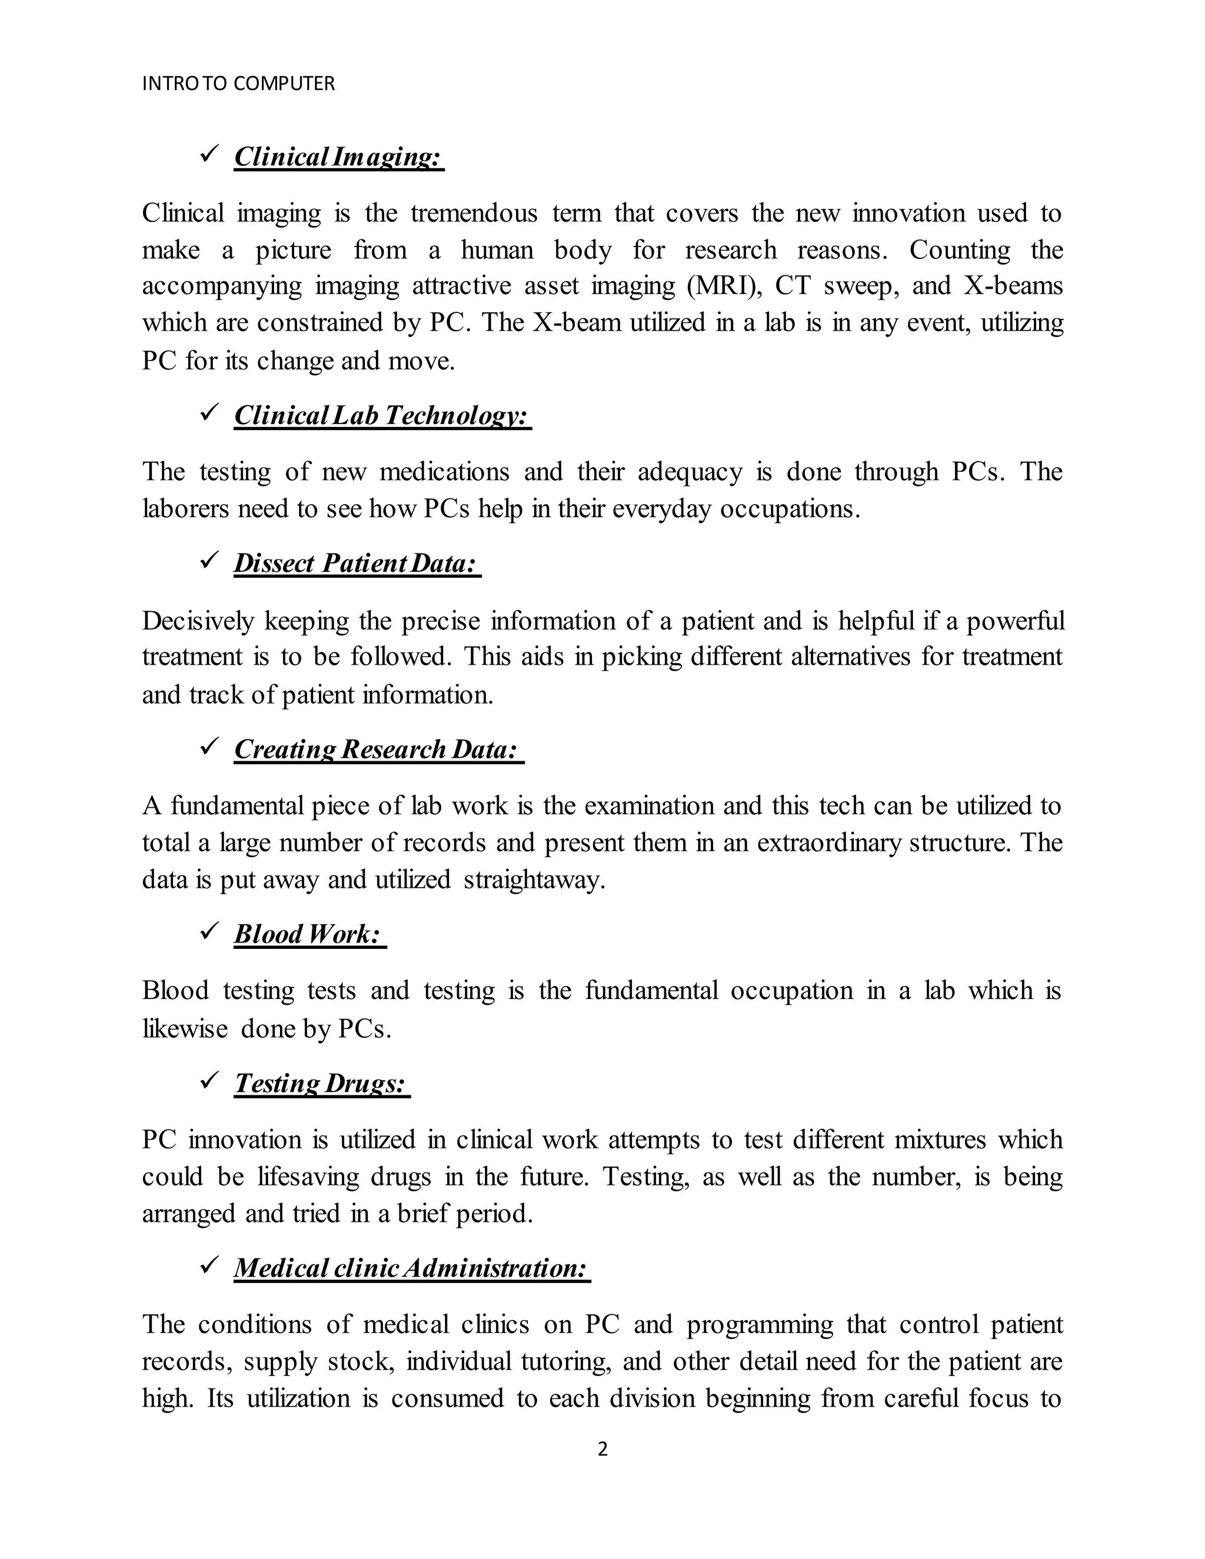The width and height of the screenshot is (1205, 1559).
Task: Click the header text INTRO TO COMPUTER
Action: pyautogui.click(x=238, y=84)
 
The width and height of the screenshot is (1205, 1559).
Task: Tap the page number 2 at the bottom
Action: pyautogui.click(x=602, y=1449)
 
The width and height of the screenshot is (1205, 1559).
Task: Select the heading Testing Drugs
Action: pyautogui.click(x=321, y=1083)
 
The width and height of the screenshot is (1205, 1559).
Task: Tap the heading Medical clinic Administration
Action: pyautogui.click(x=411, y=1268)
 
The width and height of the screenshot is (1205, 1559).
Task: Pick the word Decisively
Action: pyautogui.click(x=198, y=621)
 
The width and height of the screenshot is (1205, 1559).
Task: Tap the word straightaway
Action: pyautogui.click(x=534, y=880)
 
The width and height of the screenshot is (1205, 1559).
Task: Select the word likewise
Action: pyautogui.click(x=184, y=1028)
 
